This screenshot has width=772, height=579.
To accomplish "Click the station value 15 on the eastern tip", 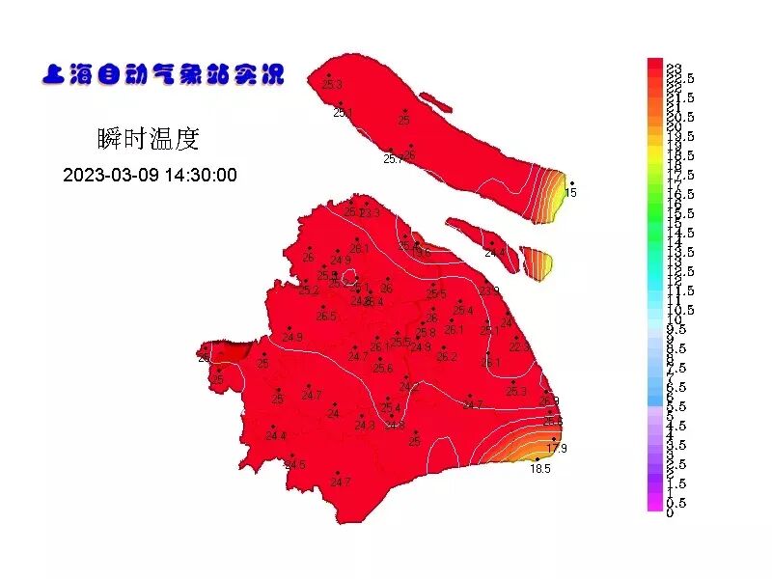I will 570,193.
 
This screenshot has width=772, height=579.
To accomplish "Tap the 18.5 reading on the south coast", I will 539,469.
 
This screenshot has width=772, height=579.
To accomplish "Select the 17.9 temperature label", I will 557,449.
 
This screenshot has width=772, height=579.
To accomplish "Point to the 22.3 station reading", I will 519,346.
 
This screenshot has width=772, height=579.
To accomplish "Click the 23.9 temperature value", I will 489,290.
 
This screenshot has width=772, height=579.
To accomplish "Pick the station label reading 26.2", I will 446,356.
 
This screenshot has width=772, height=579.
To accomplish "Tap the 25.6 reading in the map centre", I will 383,369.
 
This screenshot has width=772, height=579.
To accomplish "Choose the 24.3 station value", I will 364,426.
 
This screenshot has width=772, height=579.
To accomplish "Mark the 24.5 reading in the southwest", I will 294,465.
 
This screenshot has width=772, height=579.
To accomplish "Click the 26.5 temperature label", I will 326,317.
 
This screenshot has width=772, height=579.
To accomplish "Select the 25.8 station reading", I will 426,332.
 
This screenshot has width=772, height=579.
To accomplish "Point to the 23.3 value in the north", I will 370,212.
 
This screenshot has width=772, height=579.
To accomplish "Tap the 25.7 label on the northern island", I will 393,159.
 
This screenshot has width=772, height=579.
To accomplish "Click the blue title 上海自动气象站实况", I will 162,74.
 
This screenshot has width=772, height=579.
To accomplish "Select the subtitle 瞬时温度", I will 149,139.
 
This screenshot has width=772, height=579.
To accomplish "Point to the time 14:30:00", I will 201,176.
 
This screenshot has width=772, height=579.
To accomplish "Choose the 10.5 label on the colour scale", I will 680,310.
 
